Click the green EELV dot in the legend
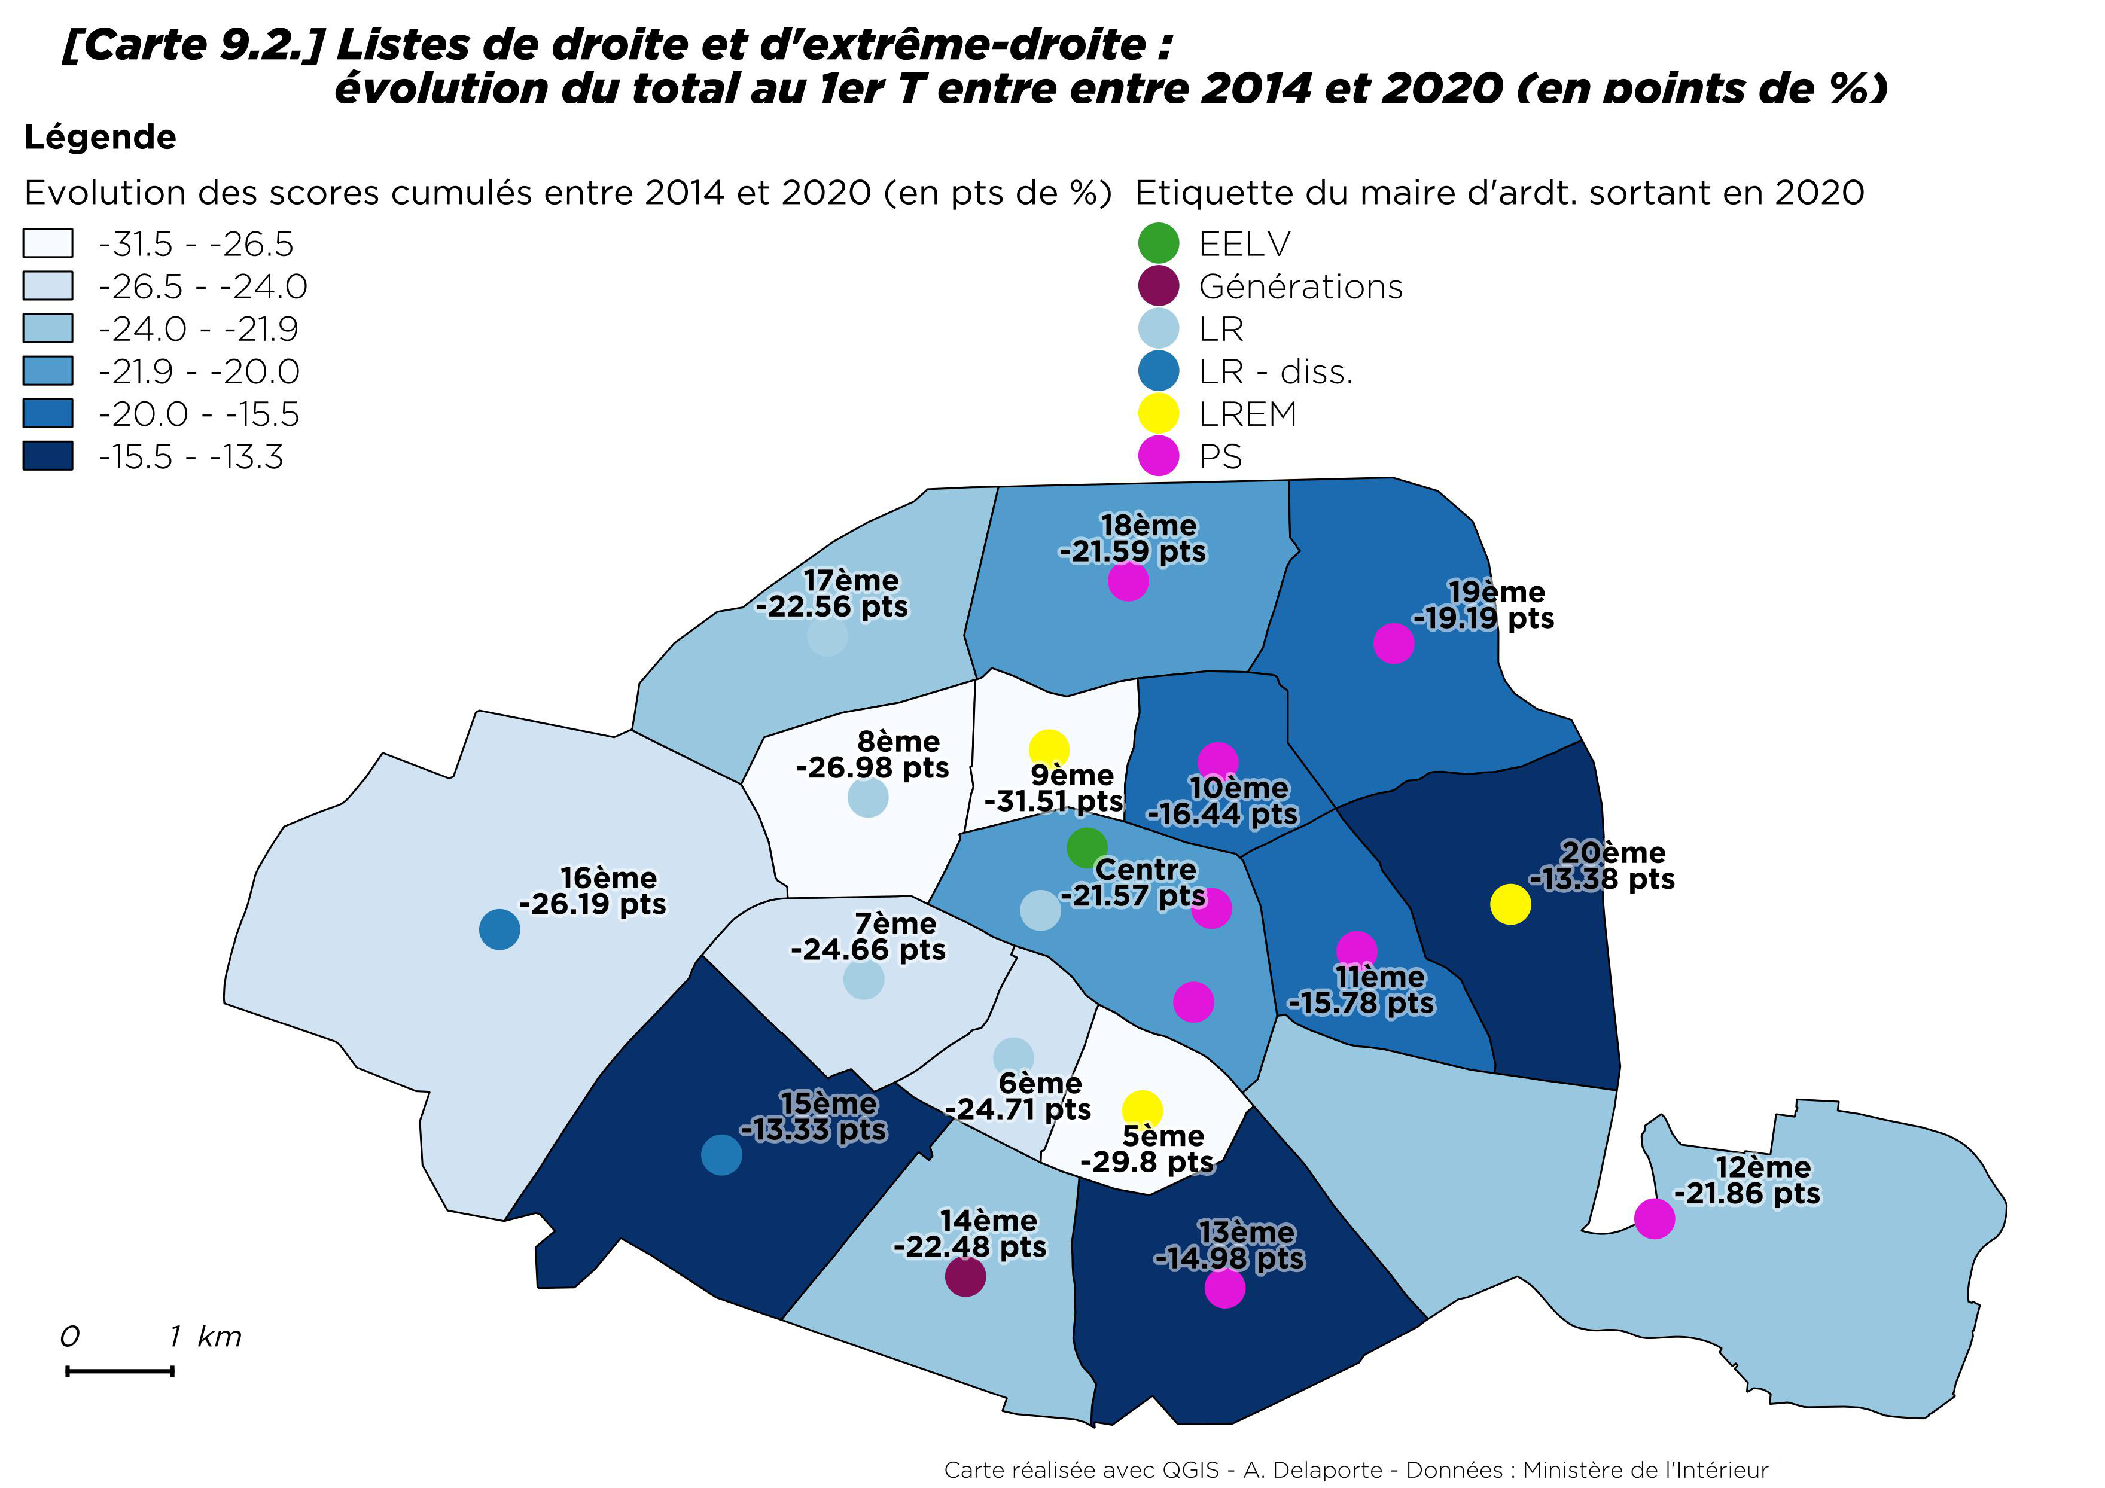point(1158,243)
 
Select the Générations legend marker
point(1158,286)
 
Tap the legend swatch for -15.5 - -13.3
point(48,456)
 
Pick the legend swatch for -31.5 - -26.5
point(48,243)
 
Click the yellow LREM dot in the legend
point(1158,413)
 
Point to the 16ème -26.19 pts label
point(594,891)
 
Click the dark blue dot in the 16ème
point(499,929)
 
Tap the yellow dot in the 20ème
point(1510,905)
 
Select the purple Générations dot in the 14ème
point(964,1276)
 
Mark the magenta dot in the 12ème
point(1654,1218)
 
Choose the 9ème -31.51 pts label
point(1055,788)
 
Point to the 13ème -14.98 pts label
point(1229,1245)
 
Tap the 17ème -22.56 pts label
point(833,594)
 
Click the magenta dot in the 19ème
point(1394,644)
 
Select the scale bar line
point(120,1371)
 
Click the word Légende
point(100,138)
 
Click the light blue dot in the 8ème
point(867,798)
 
